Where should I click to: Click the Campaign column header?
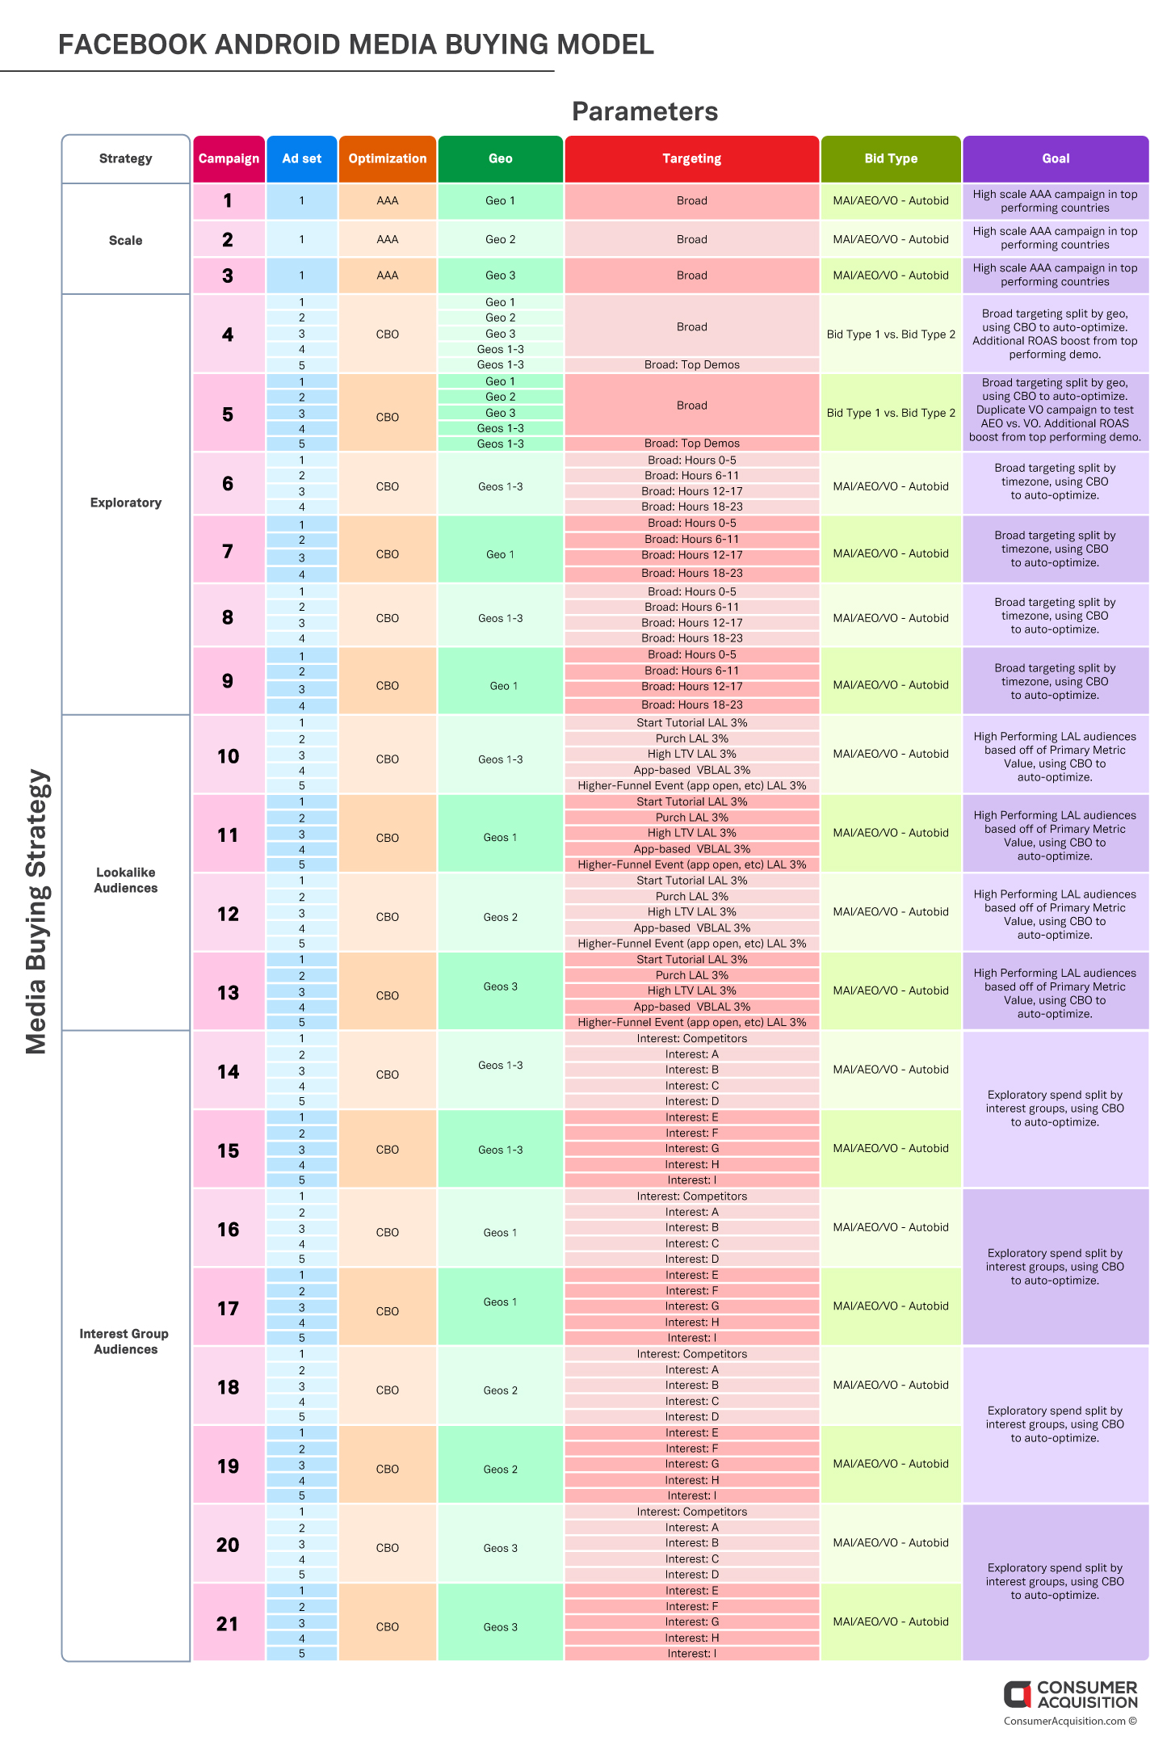pyautogui.click(x=229, y=159)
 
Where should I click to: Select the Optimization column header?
pyautogui.click(x=388, y=159)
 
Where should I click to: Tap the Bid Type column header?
pyautogui.click(x=891, y=159)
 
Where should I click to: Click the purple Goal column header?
pyautogui.click(x=1056, y=159)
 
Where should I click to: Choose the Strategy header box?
pyautogui.click(x=126, y=159)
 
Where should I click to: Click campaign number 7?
pyautogui.click(x=228, y=552)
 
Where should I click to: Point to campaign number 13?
pyautogui.click(x=229, y=993)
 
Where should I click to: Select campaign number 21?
pyautogui.click(x=228, y=1624)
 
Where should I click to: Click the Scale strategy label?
pyautogui.click(x=126, y=241)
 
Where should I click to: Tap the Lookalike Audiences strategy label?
pyautogui.click(x=126, y=881)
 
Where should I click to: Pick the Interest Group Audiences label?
pyautogui.click(x=125, y=1342)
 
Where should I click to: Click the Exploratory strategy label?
pyautogui.click(x=126, y=503)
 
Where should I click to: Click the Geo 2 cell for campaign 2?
pyautogui.click(x=501, y=240)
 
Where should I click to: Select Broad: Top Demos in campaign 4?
pyautogui.click(x=692, y=365)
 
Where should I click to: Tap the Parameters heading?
pyautogui.click(x=645, y=111)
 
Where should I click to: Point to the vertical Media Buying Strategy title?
pyautogui.click(x=37, y=912)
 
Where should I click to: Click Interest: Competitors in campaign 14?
pyautogui.click(x=692, y=1039)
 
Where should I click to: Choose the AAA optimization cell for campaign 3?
pyautogui.click(x=388, y=275)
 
